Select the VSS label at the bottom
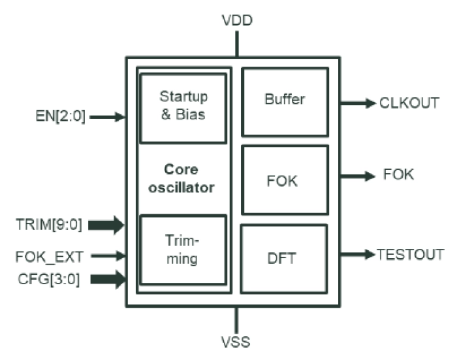[x=236, y=341]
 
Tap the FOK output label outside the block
[x=399, y=175]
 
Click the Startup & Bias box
[x=183, y=106]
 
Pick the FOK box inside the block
[x=285, y=180]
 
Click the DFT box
[x=285, y=258]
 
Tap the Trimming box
[x=183, y=250]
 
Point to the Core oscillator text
[x=183, y=178]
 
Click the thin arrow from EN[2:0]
[x=108, y=118]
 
